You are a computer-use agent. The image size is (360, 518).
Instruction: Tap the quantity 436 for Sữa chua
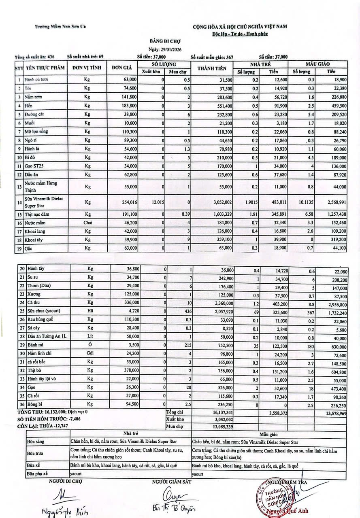pyautogui.click(x=186, y=311)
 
